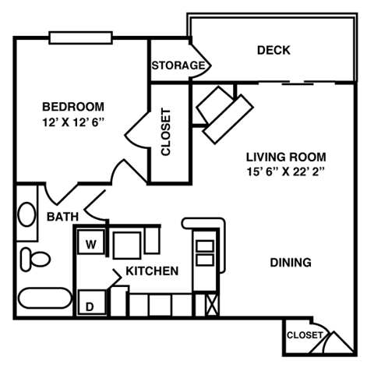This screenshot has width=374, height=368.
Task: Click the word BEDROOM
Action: tap(72, 107)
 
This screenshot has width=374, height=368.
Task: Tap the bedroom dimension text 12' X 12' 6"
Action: tap(74, 122)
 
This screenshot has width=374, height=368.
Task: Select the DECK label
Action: tap(273, 51)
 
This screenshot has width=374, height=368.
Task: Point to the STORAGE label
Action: tap(178, 65)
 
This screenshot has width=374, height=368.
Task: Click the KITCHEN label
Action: tap(152, 271)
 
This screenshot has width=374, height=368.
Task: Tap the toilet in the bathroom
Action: tap(34, 257)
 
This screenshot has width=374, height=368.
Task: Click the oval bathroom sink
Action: tap(26, 214)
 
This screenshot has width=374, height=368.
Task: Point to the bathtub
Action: tap(43, 299)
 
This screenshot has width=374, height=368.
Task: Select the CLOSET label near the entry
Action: tap(304, 335)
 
